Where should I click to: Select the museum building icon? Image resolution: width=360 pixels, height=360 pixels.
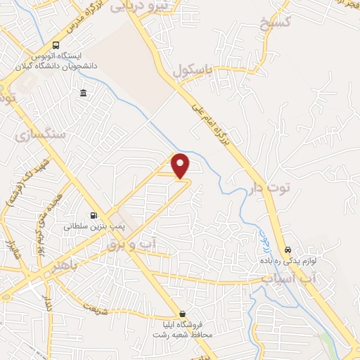click(x=84, y=94)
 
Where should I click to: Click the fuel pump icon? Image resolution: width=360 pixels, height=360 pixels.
click(x=94, y=216)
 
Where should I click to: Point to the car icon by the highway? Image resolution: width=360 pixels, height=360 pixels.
click(x=288, y=250)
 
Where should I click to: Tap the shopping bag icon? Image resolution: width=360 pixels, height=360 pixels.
click(x=183, y=314)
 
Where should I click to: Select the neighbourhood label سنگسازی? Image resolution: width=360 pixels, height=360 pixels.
click(x=44, y=133)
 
